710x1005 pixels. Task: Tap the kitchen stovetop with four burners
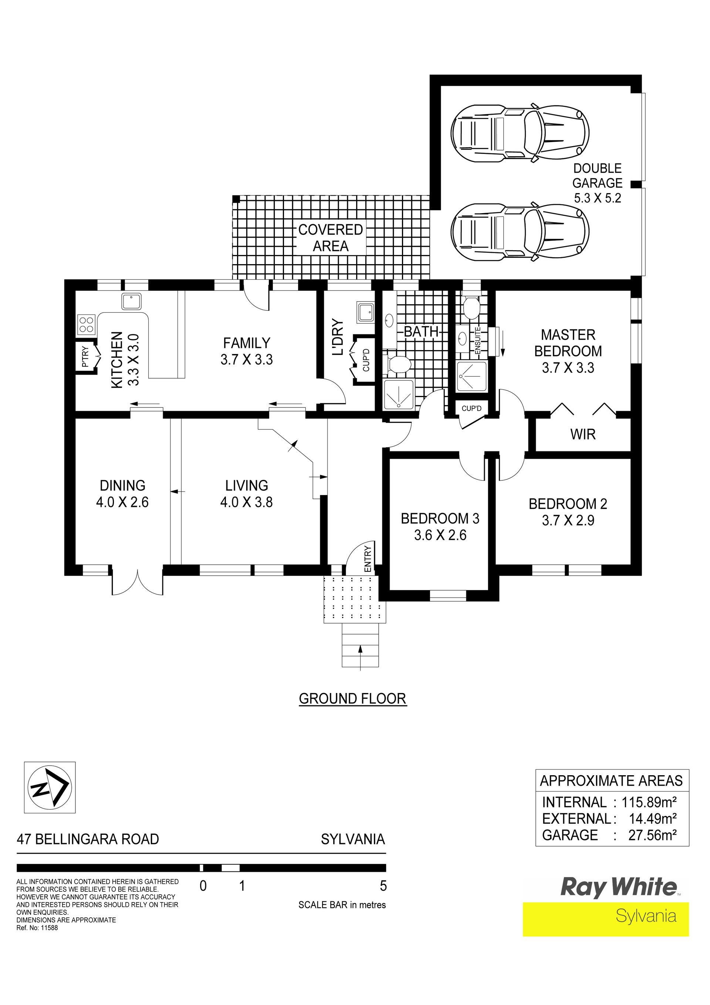pyautogui.click(x=87, y=324)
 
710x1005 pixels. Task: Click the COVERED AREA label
pyautogui.click(x=330, y=238)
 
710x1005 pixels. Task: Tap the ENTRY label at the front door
pyautogui.click(x=368, y=558)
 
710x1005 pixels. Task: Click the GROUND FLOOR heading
pyautogui.click(x=352, y=699)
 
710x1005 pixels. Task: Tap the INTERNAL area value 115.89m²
pyautogui.click(x=649, y=802)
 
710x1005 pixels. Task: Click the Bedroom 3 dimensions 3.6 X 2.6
pyautogui.click(x=440, y=535)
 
